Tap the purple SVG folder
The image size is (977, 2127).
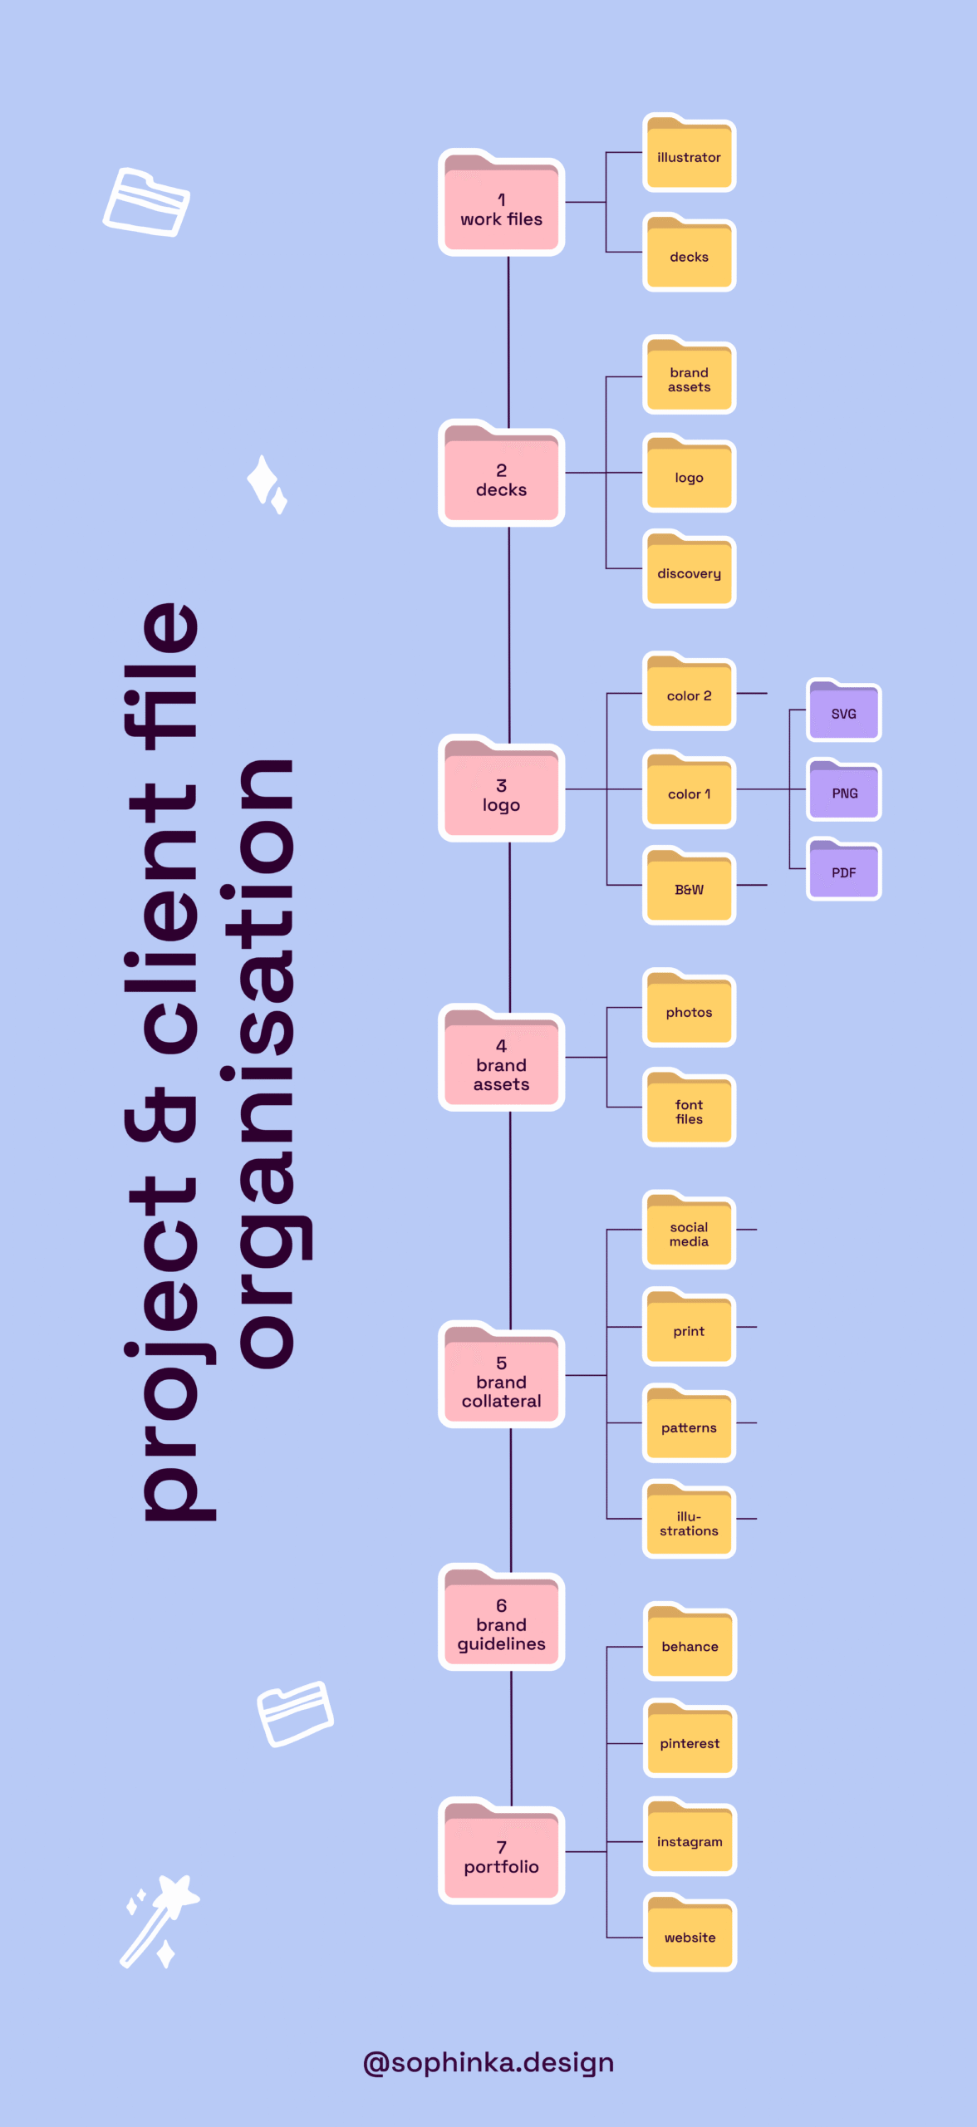pos(843,711)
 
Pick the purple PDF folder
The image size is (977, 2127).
pos(843,870)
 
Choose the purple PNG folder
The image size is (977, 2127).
pos(843,791)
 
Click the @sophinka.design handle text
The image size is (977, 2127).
pos(488,2063)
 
